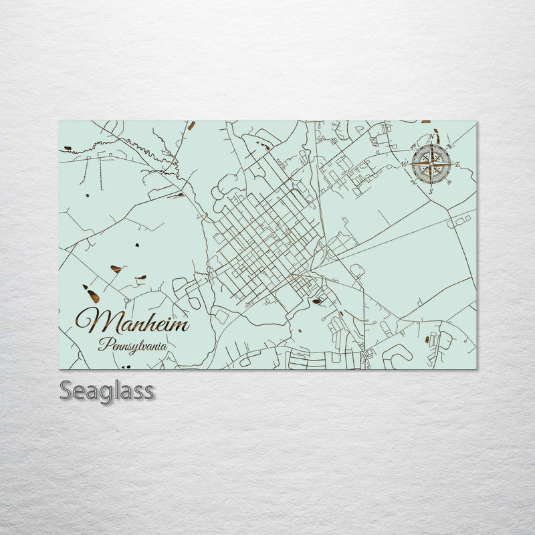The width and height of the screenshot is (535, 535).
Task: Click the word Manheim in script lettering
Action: point(132,322)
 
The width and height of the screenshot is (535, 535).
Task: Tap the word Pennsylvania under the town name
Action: point(132,346)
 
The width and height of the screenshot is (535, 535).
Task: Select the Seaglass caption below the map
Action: point(107,390)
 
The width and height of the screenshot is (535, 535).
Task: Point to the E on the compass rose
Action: point(457,165)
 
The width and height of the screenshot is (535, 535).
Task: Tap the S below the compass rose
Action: point(431,191)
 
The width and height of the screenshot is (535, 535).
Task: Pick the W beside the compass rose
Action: point(404,165)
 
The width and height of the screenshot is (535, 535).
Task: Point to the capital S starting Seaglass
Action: point(66,389)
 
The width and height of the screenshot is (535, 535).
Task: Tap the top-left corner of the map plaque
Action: point(60,122)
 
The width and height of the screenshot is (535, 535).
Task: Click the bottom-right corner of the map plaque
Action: point(476,368)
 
